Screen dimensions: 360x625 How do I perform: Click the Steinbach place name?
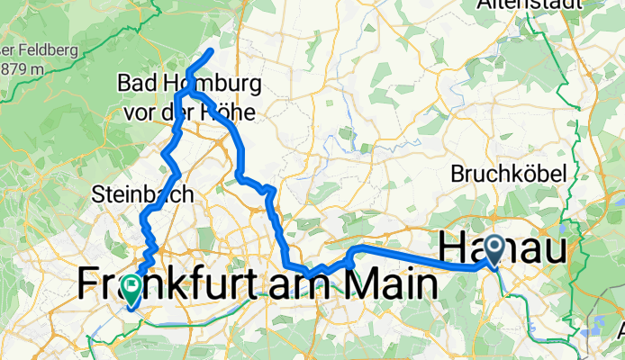click(131, 193)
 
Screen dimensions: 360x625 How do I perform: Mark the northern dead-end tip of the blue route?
click(211, 51)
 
